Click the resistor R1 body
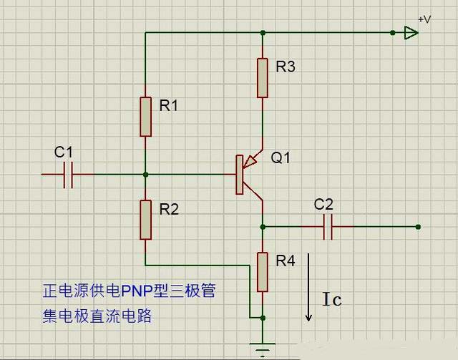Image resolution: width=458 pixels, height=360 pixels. point(145,117)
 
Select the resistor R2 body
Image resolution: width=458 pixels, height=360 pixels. point(145,220)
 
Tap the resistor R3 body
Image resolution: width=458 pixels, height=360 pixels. point(263,78)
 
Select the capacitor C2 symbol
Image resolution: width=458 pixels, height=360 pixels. point(328,227)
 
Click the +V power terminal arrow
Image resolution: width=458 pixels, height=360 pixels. point(410,32)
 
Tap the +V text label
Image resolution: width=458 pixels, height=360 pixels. point(424,19)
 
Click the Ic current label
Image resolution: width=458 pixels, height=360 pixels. point(331,299)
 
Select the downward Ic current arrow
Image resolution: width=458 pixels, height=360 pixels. point(309,286)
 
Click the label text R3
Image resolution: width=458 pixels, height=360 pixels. point(286,67)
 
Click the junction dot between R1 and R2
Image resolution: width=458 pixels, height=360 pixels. point(145,174)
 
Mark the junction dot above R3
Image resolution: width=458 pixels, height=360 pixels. point(263,32)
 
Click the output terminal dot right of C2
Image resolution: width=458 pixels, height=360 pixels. point(418,227)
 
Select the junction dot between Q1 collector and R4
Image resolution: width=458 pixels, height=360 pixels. point(263,227)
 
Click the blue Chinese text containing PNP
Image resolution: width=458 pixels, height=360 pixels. point(129,291)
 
